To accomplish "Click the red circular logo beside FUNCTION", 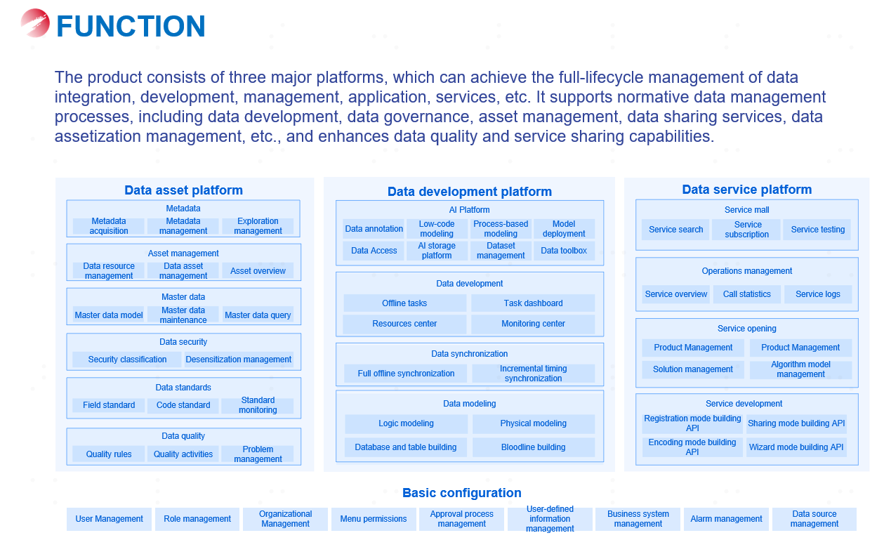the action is (35, 23).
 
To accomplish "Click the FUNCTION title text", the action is (131, 27).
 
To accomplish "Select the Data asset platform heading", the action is (183, 190).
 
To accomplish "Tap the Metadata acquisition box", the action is (109, 226).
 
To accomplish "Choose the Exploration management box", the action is (258, 226).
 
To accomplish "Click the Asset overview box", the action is (258, 271).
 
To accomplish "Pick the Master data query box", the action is (258, 315).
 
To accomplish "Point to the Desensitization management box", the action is (238, 360).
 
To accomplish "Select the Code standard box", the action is (183, 405).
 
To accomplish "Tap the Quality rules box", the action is (109, 454).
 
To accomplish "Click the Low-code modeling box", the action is (437, 229).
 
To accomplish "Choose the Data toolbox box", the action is (564, 251).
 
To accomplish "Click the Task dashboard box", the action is (533, 303).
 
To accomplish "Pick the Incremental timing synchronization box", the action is (533, 374).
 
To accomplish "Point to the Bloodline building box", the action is (533, 447).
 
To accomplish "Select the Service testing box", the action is (818, 230).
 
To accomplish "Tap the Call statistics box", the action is (746, 294).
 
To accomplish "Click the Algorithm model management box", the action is (800, 369).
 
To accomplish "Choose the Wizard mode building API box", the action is (796, 447).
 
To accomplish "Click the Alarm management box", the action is (726, 519).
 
